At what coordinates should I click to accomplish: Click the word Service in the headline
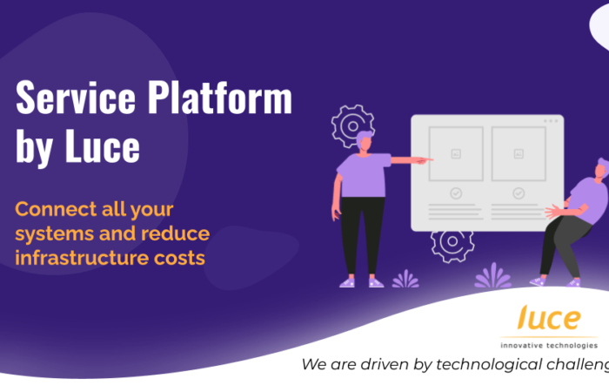coord(76,98)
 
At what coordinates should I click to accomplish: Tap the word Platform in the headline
coord(220,98)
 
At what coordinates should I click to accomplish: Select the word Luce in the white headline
coord(103,146)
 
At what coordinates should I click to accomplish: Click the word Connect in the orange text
coord(53,209)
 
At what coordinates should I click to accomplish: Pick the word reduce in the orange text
coord(175,233)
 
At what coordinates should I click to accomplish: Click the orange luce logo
coord(549,317)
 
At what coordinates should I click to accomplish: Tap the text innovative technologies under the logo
coord(549,345)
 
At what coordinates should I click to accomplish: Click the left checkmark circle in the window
coord(456,193)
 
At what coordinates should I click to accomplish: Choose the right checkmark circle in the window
coord(519,193)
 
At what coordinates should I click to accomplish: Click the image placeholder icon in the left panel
coord(456,154)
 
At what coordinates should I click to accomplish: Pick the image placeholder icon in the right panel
coord(519,154)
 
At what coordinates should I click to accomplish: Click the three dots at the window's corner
coord(551,121)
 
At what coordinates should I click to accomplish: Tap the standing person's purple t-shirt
coord(363,175)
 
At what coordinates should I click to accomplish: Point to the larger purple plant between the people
coord(493,275)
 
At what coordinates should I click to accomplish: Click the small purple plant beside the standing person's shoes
coord(405,279)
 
